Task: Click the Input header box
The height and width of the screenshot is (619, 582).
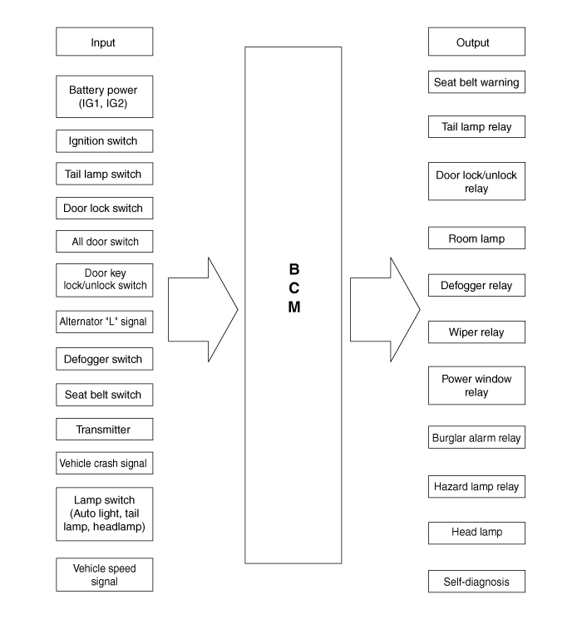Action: point(104,42)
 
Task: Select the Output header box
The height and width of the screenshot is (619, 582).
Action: point(476,42)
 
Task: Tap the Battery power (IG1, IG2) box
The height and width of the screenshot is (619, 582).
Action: point(104,96)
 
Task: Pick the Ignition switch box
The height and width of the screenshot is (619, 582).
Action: point(104,141)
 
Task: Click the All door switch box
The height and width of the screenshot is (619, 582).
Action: point(104,241)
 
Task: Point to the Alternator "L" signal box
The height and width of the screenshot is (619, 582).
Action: point(104,322)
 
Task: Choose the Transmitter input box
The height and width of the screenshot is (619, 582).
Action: point(104,429)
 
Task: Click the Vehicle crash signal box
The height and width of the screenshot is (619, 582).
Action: point(104,463)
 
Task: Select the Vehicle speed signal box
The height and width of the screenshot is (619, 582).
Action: point(104,574)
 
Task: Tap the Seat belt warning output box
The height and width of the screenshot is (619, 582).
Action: point(476,82)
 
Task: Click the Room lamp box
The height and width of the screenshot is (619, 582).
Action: point(476,238)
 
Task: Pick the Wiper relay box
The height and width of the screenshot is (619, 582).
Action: point(476,332)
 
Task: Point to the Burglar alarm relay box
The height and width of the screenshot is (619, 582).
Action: point(476,437)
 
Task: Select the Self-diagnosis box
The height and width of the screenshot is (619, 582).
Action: point(476,581)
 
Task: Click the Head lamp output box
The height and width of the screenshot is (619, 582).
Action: point(476,533)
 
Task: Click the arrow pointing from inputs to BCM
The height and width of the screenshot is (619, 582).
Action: point(203,310)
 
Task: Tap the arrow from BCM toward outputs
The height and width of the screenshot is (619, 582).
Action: point(385,310)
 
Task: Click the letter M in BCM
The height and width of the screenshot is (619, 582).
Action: point(294,307)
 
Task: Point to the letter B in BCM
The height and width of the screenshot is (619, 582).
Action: point(294,269)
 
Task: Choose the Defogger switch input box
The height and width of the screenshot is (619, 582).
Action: point(104,359)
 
